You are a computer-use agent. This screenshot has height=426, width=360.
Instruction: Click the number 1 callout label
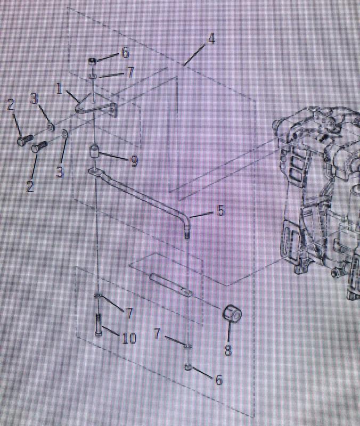[x=59, y=88]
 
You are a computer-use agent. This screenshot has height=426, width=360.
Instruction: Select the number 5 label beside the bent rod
[x=221, y=210]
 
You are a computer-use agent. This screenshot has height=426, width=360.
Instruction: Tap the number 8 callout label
[x=228, y=350]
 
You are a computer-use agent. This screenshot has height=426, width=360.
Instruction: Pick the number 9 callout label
[x=134, y=161]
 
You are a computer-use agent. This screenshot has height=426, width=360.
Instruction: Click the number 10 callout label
[x=129, y=338]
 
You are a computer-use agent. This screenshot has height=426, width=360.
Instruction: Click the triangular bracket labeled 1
[x=96, y=106]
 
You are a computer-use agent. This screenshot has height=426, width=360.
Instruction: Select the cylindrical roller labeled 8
[x=232, y=314]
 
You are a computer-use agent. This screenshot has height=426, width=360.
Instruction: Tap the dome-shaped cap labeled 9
[x=94, y=151]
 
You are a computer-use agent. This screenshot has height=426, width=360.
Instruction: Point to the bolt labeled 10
[x=99, y=325]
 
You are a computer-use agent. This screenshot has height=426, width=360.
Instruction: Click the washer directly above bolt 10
[x=98, y=296]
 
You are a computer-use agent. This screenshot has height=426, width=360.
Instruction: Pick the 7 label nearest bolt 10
[x=129, y=313]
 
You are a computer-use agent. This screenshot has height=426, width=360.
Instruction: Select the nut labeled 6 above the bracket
[x=92, y=61]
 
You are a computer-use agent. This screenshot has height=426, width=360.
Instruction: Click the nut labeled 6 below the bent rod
[x=189, y=367]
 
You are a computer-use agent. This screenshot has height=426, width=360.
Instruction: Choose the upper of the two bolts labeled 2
[x=25, y=140]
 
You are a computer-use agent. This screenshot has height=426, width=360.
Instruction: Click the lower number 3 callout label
[x=60, y=171]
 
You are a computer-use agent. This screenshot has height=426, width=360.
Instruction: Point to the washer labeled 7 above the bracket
[x=93, y=77]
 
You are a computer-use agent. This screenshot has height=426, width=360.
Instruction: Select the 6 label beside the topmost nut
[x=125, y=52]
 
